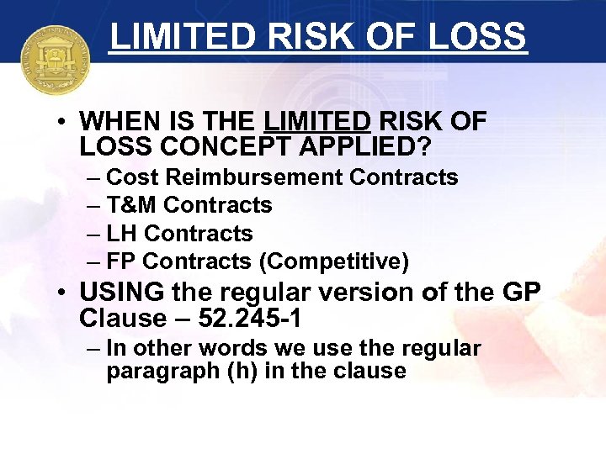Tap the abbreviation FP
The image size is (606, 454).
pyautogui.click(x=121, y=261)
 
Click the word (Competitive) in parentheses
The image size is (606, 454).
pyautogui.click(x=334, y=262)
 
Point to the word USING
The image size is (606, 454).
pyautogui.click(x=122, y=293)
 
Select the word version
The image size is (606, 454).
pyautogui.click(x=354, y=293)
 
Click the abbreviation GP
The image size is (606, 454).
pyautogui.click(x=522, y=293)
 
